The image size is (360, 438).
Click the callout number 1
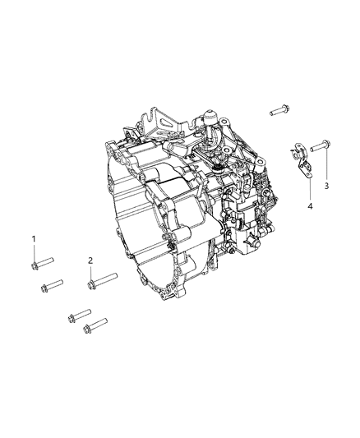pyautogui.click(x=34, y=239)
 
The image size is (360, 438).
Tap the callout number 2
pyautogui.click(x=90, y=260)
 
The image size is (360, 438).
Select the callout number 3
pyautogui.click(x=326, y=186)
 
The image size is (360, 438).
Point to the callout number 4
pyautogui.click(x=310, y=206)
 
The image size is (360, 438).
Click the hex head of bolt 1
pyautogui.click(x=35, y=266)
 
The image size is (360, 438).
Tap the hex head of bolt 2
pyautogui.click(x=91, y=285)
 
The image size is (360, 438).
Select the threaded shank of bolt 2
pyautogui.click(x=105, y=279)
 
